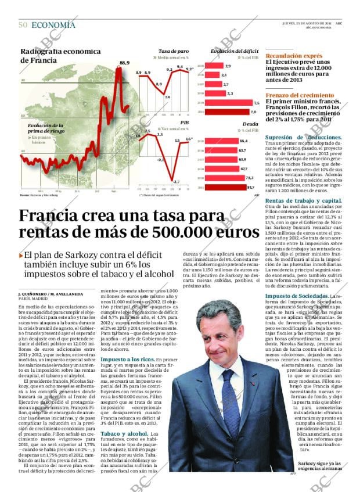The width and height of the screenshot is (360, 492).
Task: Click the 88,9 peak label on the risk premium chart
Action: [x=124, y=63]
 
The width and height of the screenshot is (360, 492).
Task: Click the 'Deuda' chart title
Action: [x=250, y=124]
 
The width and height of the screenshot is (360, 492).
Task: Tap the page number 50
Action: [x=23, y=25]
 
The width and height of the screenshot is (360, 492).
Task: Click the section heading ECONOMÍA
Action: [x=53, y=25]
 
